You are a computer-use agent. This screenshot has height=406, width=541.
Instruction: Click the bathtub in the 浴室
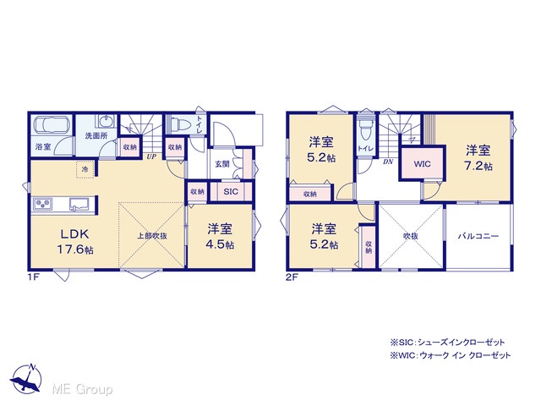tap(52, 124)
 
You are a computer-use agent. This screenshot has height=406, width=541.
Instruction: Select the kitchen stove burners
tap(42, 203)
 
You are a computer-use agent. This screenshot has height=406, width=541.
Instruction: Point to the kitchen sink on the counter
tap(79, 204)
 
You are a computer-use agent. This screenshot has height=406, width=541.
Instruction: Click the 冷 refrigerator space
tap(85, 169)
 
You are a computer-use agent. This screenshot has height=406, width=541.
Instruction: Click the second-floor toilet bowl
tap(365, 129)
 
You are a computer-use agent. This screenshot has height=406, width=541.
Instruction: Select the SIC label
tap(231, 191)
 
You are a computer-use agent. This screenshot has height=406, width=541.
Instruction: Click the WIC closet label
tap(422, 163)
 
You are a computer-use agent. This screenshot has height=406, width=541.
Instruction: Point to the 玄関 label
tap(222, 164)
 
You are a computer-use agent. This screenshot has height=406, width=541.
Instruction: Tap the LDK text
tap(75, 234)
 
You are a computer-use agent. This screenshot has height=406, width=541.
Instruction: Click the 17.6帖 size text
tap(75, 250)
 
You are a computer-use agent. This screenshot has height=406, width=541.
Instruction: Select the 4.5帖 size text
tap(220, 244)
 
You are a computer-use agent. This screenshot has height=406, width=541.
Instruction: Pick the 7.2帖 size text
tap(478, 166)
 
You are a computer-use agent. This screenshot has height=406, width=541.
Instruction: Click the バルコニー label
tap(478, 236)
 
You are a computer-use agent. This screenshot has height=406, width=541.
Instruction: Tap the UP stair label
tap(151, 156)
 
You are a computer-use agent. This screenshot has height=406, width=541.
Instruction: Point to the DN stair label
tap(388, 162)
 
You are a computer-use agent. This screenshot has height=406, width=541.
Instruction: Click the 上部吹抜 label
tap(152, 236)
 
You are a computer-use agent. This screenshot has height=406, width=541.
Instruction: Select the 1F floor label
tap(32, 277)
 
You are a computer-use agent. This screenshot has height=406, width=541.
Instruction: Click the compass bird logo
tap(26, 379)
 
